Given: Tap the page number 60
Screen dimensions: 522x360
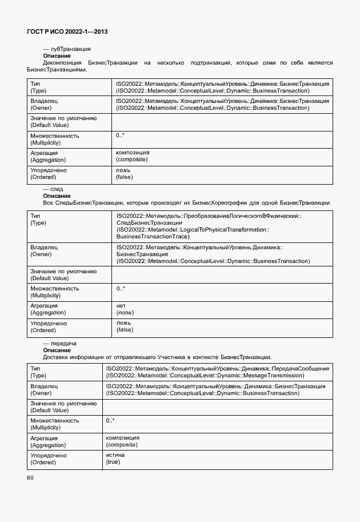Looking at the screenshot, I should (x=30, y=477).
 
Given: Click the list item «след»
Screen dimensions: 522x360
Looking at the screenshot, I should (x=53, y=189).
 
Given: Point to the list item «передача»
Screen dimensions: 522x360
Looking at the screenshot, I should (x=60, y=344).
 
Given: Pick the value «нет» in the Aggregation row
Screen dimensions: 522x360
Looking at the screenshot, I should (x=121, y=306).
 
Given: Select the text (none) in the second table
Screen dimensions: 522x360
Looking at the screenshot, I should (x=125, y=313).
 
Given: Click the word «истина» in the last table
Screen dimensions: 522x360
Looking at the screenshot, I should (x=115, y=455).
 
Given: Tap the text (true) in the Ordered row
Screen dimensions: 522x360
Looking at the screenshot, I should (x=113, y=461).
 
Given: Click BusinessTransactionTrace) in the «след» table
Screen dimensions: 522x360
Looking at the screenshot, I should (x=153, y=236).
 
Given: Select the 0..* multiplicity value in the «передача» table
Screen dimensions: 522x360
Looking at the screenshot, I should (x=110, y=421).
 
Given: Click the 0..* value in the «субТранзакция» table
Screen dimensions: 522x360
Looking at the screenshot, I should (x=120, y=136).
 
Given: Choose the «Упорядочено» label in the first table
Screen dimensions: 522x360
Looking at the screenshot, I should (x=48, y=170).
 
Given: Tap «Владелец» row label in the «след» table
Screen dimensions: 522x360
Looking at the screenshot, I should (x=44, y=247).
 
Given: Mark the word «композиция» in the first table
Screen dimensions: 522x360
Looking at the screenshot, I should (x=133, y=153).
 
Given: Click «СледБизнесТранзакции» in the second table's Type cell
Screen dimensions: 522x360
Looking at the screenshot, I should (x=149, y=222).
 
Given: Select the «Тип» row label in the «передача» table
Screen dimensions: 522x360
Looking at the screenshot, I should (x=35, y=369).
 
